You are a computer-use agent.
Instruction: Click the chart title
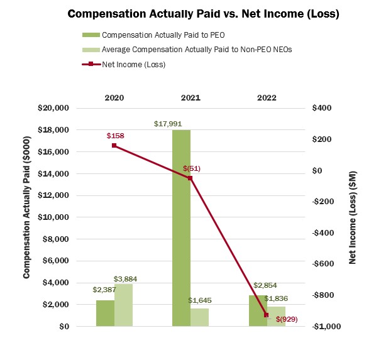[203, 14]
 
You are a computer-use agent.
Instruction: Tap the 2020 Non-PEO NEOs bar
[123, 305]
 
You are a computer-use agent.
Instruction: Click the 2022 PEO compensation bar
[257, 310]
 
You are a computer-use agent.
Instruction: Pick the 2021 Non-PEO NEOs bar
[199, 317]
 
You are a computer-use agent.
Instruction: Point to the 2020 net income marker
[114, 146]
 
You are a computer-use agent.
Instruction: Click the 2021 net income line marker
[190, 178]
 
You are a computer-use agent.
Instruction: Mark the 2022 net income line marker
[266, 315]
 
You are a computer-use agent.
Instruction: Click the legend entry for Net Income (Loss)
[133, 64]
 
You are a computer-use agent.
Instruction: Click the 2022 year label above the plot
[266, 98]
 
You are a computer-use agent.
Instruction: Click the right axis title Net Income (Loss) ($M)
[353, 217]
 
